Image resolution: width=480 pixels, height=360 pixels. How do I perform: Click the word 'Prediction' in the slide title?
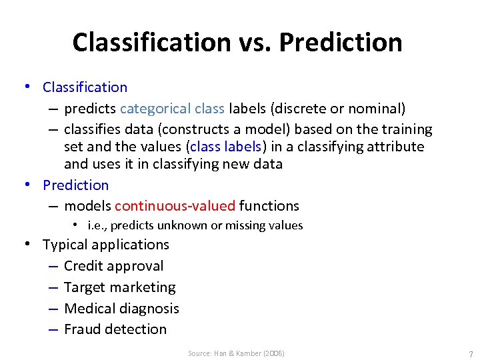point(340,42)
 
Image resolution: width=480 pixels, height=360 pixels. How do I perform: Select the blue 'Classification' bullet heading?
point(85,87)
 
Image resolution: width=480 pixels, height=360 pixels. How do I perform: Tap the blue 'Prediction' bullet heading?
point(75,185)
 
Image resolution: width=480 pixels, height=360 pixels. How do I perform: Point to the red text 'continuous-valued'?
point(175,206)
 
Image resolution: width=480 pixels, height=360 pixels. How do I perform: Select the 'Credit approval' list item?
point(113,266)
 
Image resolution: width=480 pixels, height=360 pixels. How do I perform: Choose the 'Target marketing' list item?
point(119,287)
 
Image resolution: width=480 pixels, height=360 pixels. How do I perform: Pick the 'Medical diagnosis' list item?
point(121,309)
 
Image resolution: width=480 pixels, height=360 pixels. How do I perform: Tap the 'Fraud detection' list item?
point(115,329)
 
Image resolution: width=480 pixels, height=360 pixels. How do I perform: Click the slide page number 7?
point(471,354)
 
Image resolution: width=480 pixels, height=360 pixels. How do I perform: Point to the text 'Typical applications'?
point(106,245)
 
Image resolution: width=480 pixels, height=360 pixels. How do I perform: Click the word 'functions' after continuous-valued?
point(269,206)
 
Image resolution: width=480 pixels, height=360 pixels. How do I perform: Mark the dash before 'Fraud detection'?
point(52,329)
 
